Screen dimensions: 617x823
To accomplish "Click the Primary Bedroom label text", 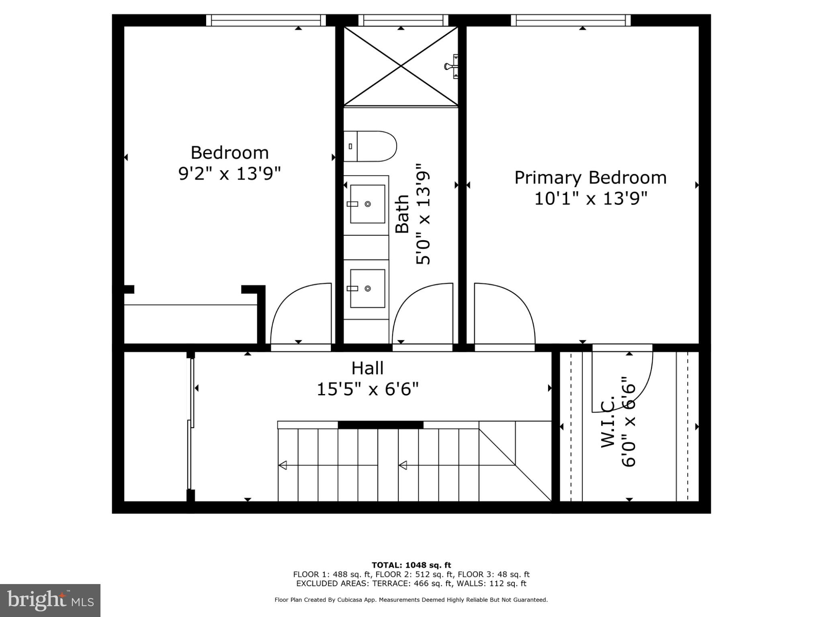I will click(x=590, y=178).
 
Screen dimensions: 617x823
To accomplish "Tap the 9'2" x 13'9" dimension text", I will click(x=229, y=174).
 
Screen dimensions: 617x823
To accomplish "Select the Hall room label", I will click(x=367, y=368).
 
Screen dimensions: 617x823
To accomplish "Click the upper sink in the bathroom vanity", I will click(x=367, y=204).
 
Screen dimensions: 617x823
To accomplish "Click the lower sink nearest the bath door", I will click(x=367, y=288).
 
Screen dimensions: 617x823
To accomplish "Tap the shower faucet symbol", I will click(x=451, y=66).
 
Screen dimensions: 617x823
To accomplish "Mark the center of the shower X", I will click(x=401, y=66).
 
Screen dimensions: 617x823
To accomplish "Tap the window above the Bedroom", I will click(x=266, y=20).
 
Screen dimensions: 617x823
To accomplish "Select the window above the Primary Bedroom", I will click(x=571, y=20).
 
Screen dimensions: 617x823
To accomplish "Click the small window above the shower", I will click(x=403, y=20).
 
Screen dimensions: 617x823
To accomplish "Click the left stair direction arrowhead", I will click(x=283, y=465).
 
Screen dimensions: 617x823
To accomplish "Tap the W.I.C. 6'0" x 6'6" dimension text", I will click(x=629, y=422).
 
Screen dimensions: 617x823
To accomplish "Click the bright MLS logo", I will click(x=50, y=600).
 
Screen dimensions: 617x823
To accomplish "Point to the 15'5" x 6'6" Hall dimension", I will click(x=367, y=389).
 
